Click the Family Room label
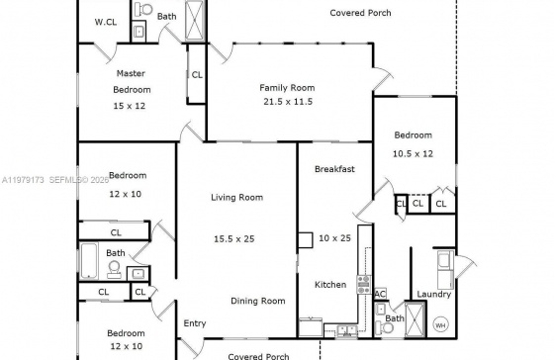coord(287,88)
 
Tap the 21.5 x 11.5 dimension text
coord(288,102)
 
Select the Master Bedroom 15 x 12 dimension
coord(130,106)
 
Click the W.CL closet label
coord(106,22)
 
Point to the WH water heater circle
coord(440,325)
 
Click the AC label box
coord(380,294)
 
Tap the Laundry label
coord(434,295)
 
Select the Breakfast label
coord(334,169)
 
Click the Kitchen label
coord(330,285)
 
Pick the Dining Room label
coord(258,301)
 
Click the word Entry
coord(195,323)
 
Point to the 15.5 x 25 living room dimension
coord(234,239)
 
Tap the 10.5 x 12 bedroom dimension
coord(413,154)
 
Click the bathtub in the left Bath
coord(89,261)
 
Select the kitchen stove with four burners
coord(364,285)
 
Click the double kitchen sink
coord(346,331)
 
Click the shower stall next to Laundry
coord(415,319)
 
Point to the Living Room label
coord(237,198)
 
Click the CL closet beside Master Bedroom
coord(197,75)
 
